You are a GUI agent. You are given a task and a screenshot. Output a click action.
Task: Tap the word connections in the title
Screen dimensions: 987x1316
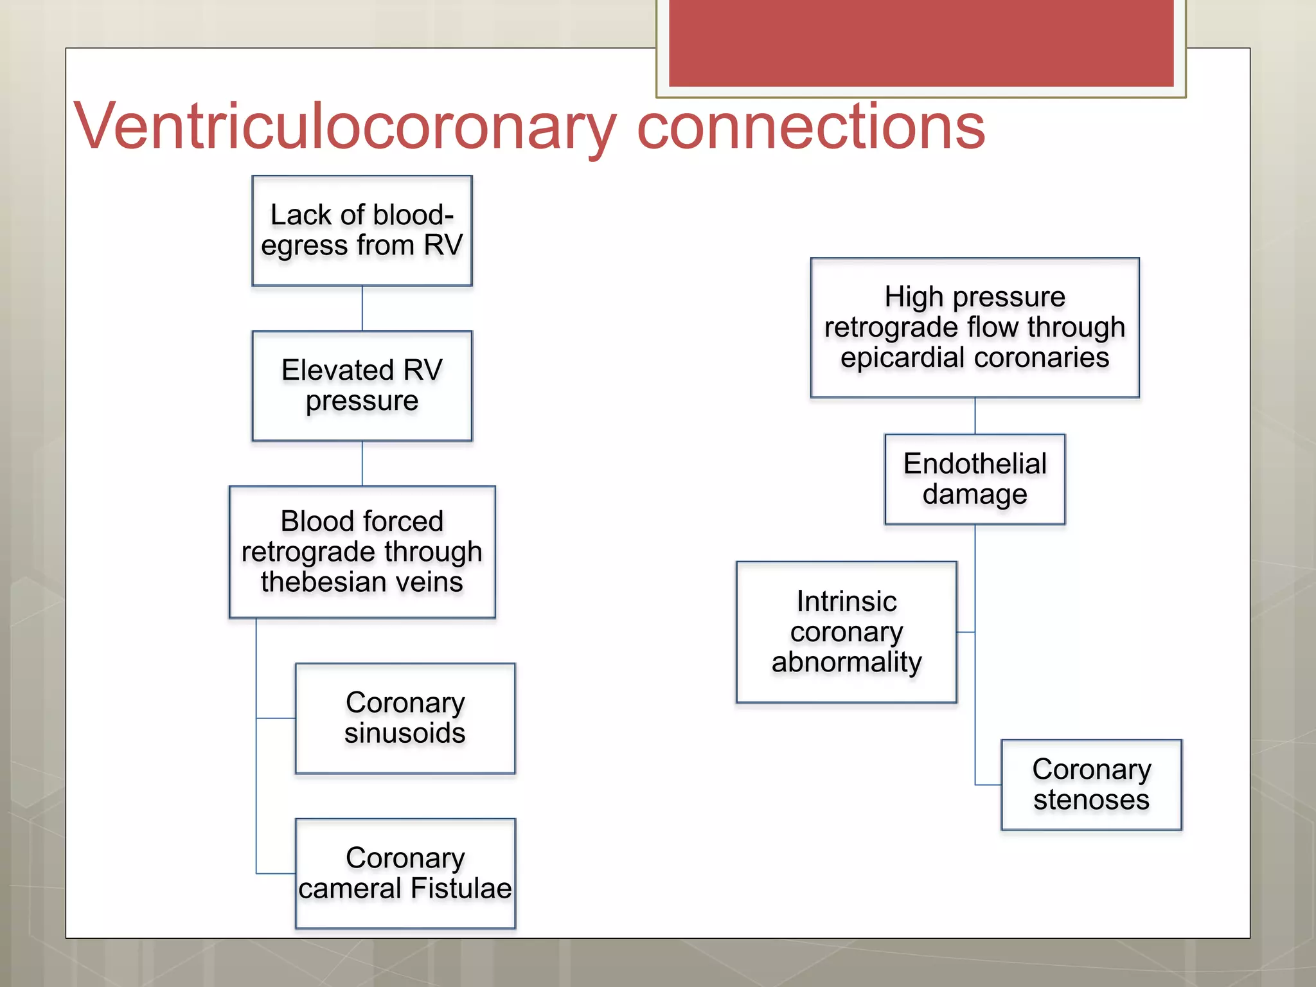click(x=810, y=127)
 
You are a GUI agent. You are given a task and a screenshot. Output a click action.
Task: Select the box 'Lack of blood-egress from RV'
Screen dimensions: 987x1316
click(x=362, y=231)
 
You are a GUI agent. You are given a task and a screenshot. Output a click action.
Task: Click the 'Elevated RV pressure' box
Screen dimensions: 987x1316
click(x=362, y=386)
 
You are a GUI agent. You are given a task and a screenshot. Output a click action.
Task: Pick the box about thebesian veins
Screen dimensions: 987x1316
click(x=362, y=552)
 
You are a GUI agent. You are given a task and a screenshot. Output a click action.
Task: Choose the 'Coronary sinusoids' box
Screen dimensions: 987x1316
click(x=405, y=718)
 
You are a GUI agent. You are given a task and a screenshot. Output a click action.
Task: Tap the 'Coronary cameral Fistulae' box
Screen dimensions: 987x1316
click(x=405, y=873)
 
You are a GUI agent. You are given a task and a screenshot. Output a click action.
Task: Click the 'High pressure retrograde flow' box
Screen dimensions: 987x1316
click(x=975, y=328)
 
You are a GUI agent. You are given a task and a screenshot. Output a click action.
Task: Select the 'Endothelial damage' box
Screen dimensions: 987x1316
click(x=975, y=479)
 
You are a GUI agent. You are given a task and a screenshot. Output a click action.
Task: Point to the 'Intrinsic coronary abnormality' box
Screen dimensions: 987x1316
click(x=846, y=632)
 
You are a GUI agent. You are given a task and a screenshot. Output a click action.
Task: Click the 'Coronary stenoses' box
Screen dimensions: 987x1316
click(x=1091, y=785)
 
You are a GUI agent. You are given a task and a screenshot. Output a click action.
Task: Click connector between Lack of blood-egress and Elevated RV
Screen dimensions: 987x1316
click(x=362, y=308)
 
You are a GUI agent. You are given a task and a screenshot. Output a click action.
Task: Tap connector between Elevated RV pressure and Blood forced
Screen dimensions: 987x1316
click(x=362, y=463)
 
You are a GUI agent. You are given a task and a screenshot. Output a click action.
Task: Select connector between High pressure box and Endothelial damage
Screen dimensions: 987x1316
click(x=975, y=416)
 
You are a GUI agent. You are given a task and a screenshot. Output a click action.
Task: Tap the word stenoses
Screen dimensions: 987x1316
click(x=1091, y=800)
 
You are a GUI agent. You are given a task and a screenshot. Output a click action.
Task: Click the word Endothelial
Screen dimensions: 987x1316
click(x=975, y=464)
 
